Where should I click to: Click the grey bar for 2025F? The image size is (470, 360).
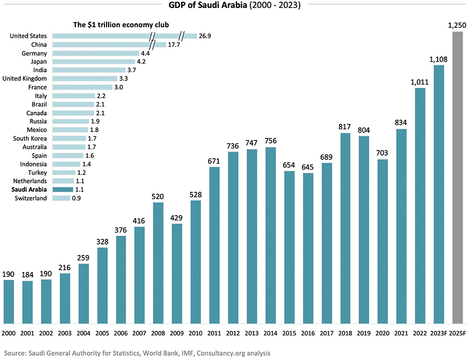[x=457, y=178]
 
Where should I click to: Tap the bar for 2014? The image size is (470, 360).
[x=271, y=235]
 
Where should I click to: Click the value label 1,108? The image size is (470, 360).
[x=439, y=59]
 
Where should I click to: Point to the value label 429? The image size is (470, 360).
[x=178, y=217]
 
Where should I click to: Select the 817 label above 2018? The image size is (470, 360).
[x=345, y=126]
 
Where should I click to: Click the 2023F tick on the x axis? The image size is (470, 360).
[x=439, y=332]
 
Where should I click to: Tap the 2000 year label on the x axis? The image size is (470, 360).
[x=9, y=332]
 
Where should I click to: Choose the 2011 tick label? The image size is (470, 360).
[x=215, y=332]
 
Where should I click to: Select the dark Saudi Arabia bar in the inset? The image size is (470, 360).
[x=63, y=190]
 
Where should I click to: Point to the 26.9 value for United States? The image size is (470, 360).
[x=204, y=36]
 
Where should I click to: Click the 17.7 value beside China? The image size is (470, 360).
[x=174, y=45]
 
